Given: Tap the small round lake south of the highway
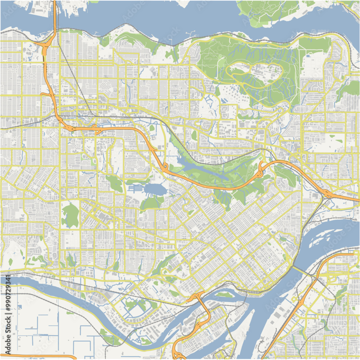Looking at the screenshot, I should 153,189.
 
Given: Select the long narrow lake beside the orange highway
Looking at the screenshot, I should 202,169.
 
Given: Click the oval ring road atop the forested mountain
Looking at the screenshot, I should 256,72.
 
